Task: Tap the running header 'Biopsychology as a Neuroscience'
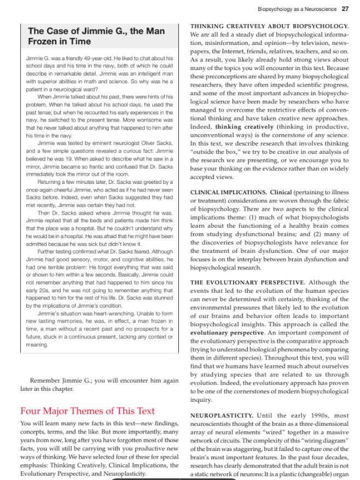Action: (298, 9)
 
